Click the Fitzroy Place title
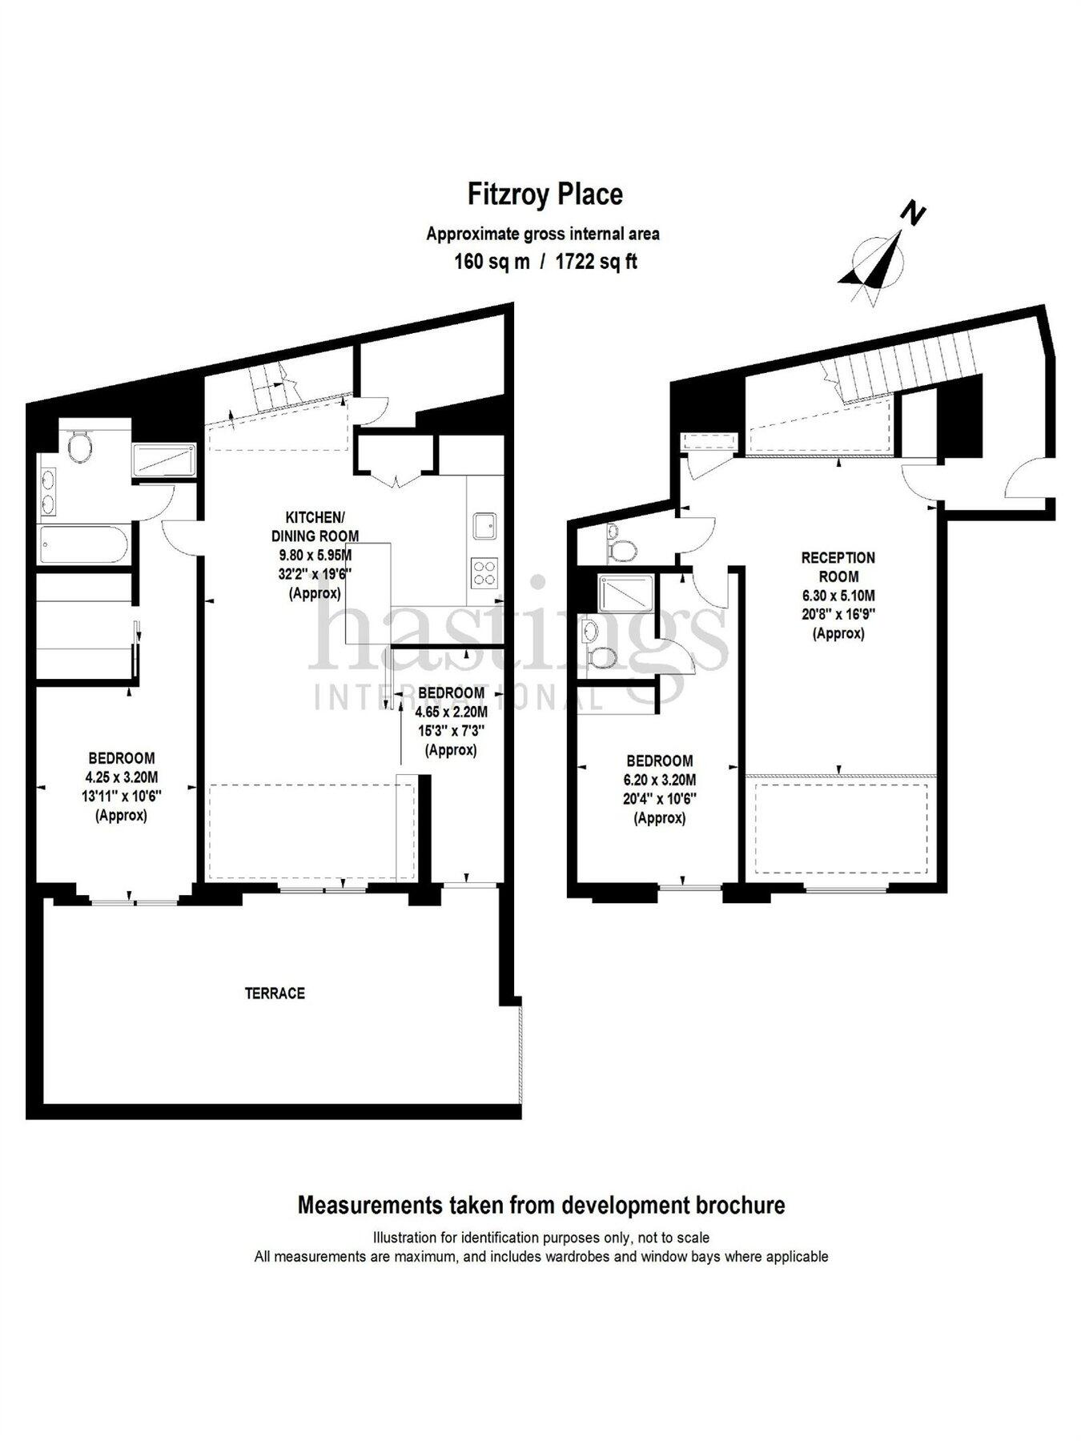point(545,195)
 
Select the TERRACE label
point(275,993)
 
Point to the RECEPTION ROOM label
point(838,566)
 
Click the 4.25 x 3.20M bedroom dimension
point(122,777)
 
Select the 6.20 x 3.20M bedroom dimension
point(660,780)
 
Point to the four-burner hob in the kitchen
point(484,573)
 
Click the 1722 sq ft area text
point(597,262)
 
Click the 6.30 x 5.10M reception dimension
point(838,596)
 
